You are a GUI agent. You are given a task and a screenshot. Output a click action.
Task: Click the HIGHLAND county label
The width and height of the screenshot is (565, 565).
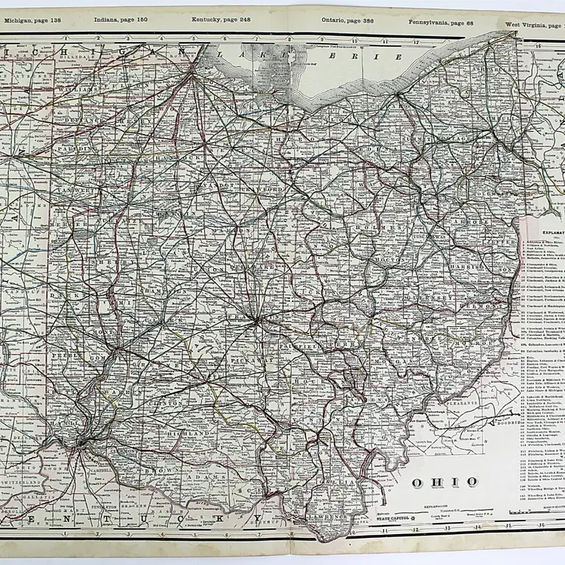coord(191,435)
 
